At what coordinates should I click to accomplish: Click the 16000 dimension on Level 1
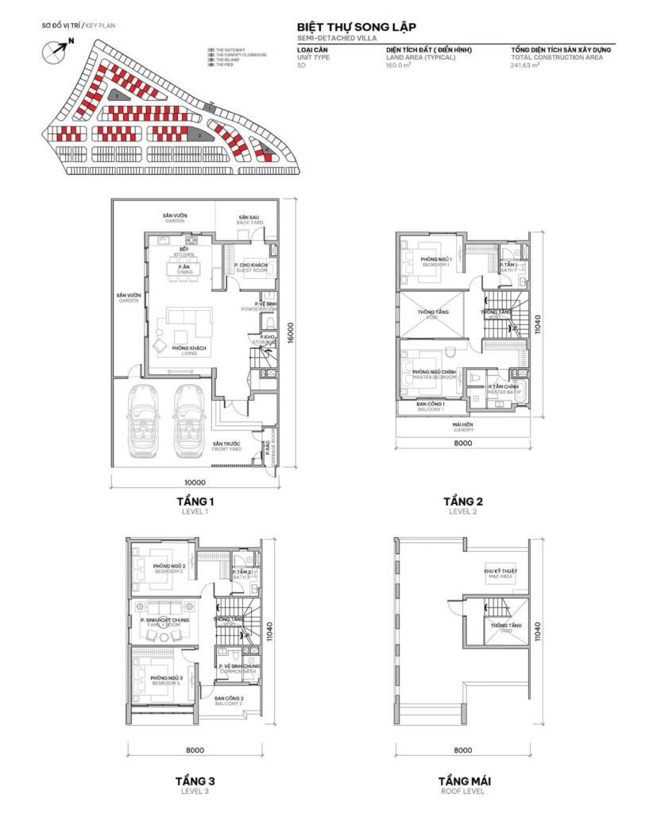(x=292, y=330)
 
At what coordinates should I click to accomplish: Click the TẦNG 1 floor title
(x=195, y=502)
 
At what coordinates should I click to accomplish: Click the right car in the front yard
(x=188, y=419)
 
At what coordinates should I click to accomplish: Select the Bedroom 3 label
(x=168, y=680)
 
